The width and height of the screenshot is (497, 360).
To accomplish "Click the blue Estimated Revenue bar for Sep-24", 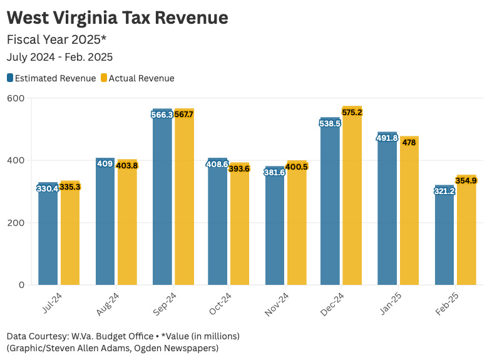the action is tap(162, 197).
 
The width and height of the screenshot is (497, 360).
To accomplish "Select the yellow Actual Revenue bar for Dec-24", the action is tap(352, 195).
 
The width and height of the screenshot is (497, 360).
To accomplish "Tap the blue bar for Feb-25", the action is tap(444, 235).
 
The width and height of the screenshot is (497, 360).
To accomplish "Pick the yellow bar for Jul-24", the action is tap(70, 233).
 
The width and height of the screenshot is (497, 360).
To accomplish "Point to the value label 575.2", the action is tap(352, 113).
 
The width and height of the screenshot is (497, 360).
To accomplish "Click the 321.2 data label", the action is tap(444, 191).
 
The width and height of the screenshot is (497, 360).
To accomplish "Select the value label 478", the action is tap(409, 143).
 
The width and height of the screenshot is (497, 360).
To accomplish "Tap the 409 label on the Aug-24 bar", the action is tap(105, 164).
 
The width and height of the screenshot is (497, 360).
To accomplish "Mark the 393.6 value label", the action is tap(239, 168).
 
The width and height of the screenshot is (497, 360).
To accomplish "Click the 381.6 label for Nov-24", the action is tap(275, 172).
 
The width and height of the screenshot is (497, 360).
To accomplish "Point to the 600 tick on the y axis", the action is tap(16, 98).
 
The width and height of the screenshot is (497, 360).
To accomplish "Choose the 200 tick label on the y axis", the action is tap(16, 223).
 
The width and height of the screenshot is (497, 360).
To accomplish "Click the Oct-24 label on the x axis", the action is tap(220, 304).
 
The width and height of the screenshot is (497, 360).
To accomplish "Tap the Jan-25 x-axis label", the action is tap(391, 304).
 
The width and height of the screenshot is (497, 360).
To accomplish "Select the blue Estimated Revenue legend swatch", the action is tap(10, 78).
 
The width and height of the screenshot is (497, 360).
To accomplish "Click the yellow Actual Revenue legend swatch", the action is tap(104, 78).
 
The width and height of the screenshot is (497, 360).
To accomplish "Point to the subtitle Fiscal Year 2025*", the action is tap(57, 39).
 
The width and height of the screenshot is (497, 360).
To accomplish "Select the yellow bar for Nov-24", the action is tap(297, 222).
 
